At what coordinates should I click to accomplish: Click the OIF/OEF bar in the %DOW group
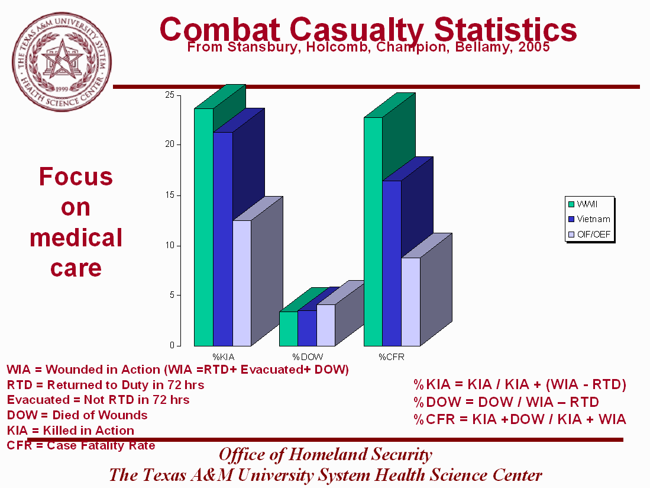[325, 325]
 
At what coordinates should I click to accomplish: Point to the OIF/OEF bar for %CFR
[410, 301]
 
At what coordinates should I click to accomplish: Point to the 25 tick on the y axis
[169, 95]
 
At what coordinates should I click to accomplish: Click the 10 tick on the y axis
[169, 245]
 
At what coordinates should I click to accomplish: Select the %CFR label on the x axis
[391, 357]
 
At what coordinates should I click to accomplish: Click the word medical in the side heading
[76, 238]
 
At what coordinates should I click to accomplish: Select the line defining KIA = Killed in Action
[70, 431]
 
